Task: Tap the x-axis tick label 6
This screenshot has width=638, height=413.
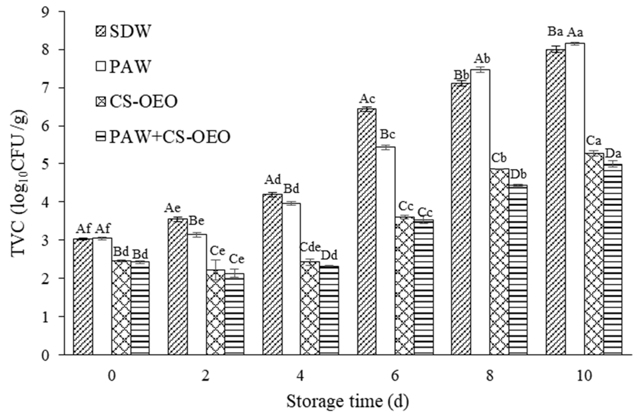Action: pos(395,376)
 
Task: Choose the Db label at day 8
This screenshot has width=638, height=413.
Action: pos(518,175)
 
